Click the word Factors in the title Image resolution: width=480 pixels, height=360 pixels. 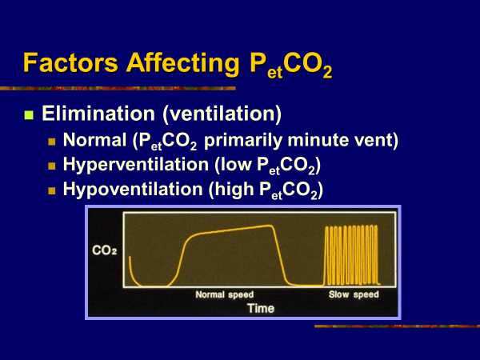coord(70,63)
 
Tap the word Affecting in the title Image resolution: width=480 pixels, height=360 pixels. coord(182,64)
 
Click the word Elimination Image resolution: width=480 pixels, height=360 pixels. coord(98,114)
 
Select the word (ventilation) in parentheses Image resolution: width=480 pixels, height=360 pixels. coord(222,114)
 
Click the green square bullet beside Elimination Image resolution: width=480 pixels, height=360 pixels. coord(29,114)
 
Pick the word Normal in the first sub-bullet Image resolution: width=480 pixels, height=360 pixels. coord(94,140)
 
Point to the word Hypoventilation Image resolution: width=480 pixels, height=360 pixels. coord(133,190)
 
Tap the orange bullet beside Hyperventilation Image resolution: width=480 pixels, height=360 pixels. coord(52,166)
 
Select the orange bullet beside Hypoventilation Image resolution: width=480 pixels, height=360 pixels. coord(52,190)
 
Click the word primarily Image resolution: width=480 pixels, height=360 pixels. coord(243,141)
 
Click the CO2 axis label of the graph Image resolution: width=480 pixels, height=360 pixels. coord(104,250)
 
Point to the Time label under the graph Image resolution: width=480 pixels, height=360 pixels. coord(261,308)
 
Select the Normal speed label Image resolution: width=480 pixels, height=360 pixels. coord(224,294)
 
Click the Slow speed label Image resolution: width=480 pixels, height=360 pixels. coord(354,294)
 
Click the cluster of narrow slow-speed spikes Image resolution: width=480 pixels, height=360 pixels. coord(352,255)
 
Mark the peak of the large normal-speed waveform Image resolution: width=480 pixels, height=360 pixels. coord(270,226)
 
